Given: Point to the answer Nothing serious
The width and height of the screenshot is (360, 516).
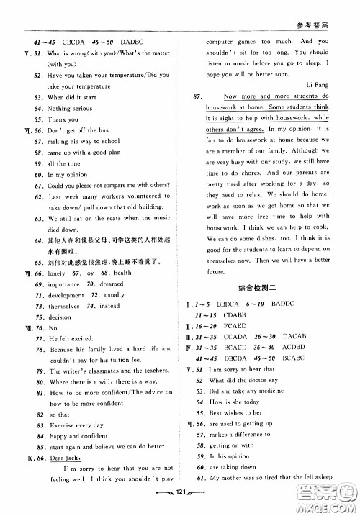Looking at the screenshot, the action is point(71,108).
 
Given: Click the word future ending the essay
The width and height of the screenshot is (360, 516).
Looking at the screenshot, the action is point(216,272).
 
